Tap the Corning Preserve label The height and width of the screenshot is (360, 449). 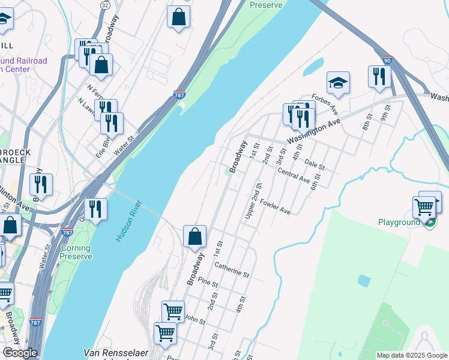point(76,252)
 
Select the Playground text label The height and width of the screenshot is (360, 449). point(399,222)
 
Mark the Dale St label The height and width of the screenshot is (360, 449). point(314,163)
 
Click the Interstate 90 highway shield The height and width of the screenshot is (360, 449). point(387,60)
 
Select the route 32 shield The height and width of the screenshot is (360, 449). point(106,5)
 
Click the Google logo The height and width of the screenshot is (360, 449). point(20,353)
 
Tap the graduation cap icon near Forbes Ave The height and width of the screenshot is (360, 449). point(339,83)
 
